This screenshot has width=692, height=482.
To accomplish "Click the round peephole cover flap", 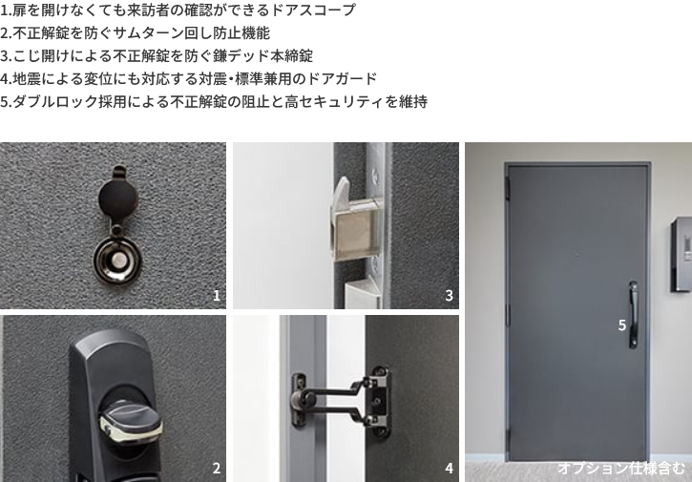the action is point(117,197).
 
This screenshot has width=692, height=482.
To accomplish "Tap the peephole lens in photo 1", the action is point(118,261).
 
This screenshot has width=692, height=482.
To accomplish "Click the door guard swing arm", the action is point(337,400).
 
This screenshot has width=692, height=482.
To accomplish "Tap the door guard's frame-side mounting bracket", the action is point(299,400).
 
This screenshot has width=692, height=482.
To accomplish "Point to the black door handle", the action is point(634,314).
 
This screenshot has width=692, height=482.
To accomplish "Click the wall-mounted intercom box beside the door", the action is point(681,255).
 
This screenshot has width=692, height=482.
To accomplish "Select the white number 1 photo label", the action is point(217,295).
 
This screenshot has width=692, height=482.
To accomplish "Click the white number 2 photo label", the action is point(217,468).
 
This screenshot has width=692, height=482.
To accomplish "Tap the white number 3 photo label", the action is point(450,295).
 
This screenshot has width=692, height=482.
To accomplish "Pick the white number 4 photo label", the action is point(450,468).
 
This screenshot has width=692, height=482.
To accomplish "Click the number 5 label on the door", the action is point(621,325).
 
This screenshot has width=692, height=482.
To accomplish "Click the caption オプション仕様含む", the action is point(621,468).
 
